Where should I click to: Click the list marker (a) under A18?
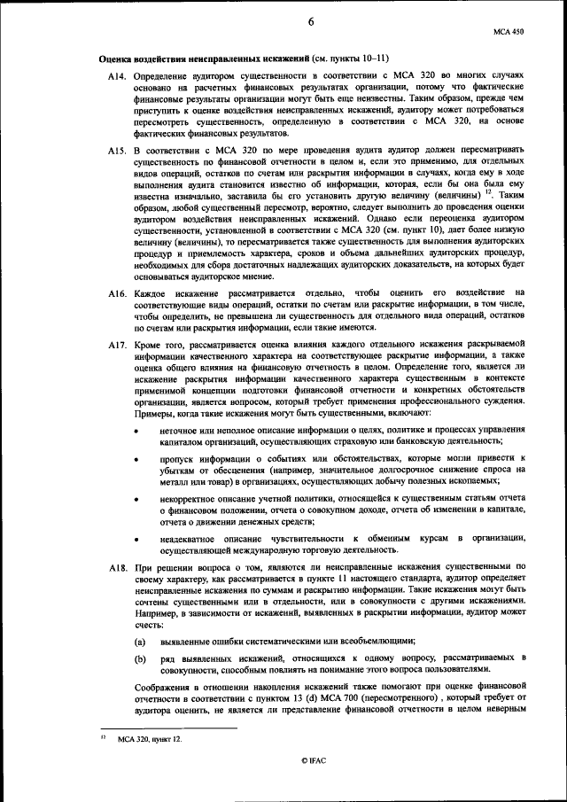(x=140, y=640)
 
